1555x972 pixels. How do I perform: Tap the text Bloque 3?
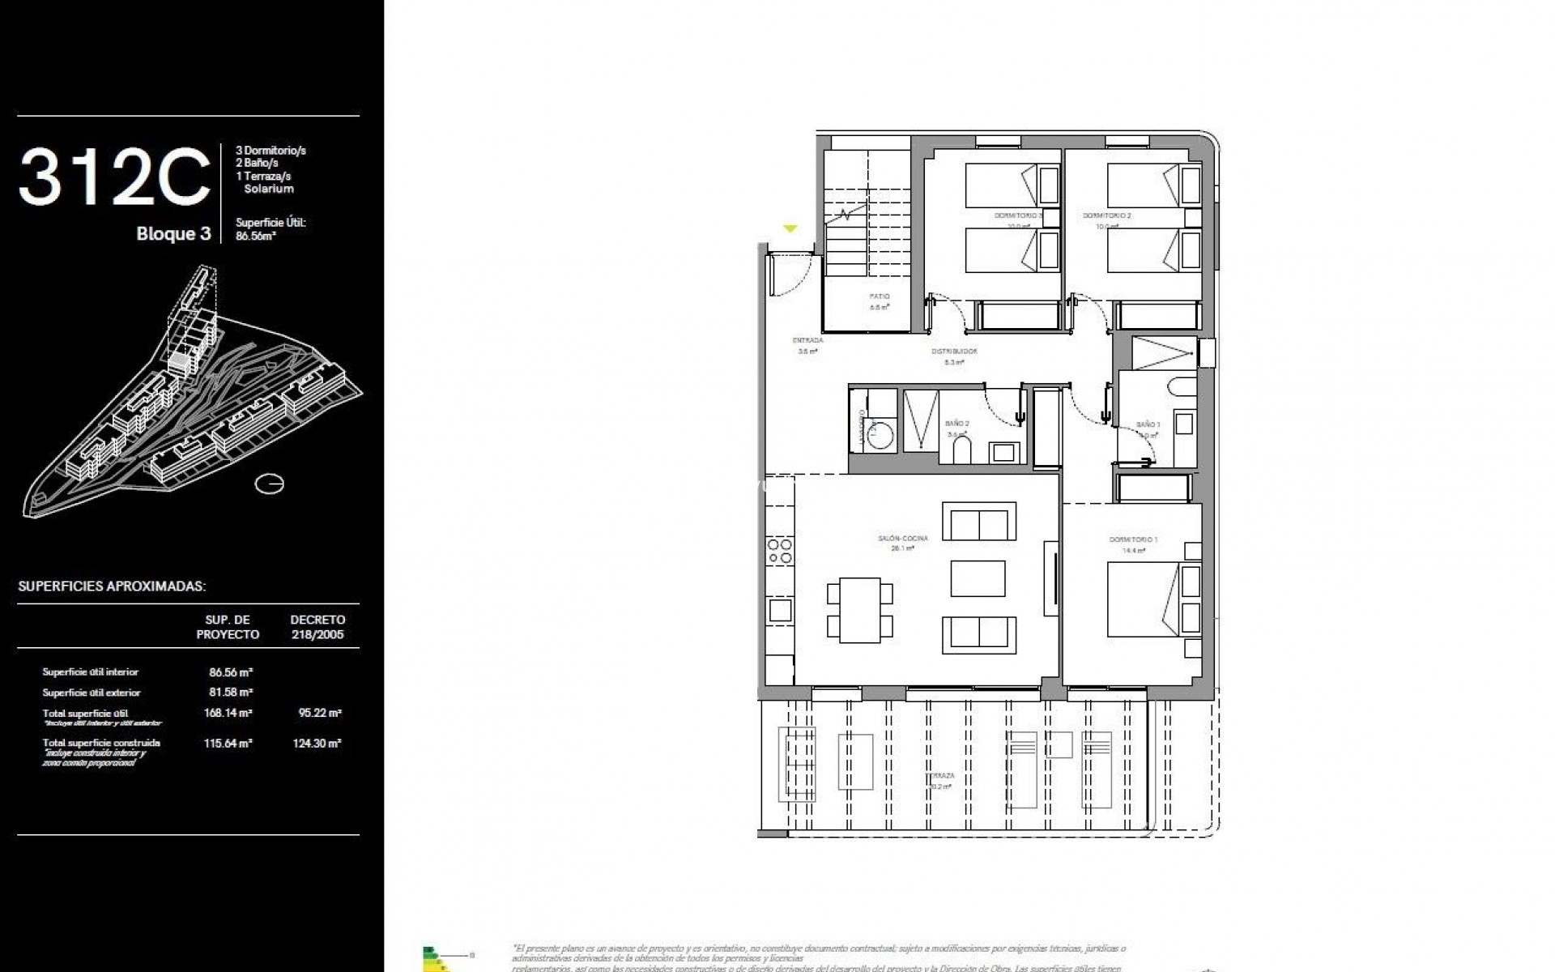[x=173, y=234]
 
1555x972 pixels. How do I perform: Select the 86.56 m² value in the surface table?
[x=231, y=672]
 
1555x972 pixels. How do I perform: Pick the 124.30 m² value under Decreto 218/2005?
[x=317, y=743]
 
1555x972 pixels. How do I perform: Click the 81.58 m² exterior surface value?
[x=231, y=693]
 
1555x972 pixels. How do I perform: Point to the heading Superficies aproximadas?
[x=112, y=586]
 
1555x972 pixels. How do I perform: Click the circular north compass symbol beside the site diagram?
[x=269, y=484]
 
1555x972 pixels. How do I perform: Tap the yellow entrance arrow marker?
[x=790, y=229]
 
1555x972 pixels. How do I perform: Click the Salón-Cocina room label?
[x=902, y=539]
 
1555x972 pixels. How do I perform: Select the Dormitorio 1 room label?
[x=1133, y=539]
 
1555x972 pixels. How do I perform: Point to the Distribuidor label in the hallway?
[x=954, y=352]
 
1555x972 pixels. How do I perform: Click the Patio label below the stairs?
[x=880, y=296]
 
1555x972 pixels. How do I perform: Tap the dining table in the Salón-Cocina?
[x=859, y=609]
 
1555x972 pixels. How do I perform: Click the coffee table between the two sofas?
[x=978, y=578]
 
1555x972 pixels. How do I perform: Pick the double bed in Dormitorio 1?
[x=1142, y=599]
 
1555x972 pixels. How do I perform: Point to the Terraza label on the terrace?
[x=940, y=776]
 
